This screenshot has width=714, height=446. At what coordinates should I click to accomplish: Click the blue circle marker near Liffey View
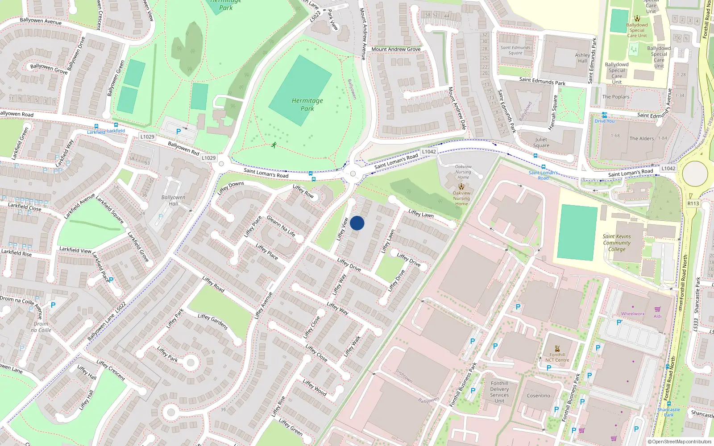coord(357,223)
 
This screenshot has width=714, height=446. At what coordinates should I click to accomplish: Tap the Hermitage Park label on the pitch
coord(307,104)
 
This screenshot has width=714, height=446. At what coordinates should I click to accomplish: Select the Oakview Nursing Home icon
coord(461,186)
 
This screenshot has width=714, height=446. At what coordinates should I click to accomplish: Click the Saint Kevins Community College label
coord(617,243)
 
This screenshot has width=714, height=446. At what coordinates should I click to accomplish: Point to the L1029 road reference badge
coord(147,137)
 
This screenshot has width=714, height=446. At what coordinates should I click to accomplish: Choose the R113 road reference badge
coord(693,203)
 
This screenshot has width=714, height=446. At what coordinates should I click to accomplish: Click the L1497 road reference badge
coord(668,168)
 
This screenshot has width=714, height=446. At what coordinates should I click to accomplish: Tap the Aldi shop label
coord(658,316)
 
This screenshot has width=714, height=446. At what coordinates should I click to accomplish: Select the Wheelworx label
coord(633,314)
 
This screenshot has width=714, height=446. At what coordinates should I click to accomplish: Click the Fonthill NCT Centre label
coord(557,357)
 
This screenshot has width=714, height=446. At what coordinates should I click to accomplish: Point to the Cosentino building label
coord(538,396)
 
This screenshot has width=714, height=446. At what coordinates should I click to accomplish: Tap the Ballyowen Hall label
coord(173,200)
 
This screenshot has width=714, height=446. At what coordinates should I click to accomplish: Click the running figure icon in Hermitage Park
coord(274,145)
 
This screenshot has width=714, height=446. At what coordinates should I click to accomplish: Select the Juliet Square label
coord(541,142)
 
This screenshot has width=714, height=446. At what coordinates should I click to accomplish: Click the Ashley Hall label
coord(582,58)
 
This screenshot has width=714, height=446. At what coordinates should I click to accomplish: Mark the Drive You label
coord(604,121)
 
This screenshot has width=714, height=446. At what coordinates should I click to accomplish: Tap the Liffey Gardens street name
coord(213,322)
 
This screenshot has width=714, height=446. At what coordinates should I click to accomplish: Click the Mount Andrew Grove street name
coord(396,49)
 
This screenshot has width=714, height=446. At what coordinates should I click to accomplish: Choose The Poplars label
coord(615,97)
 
